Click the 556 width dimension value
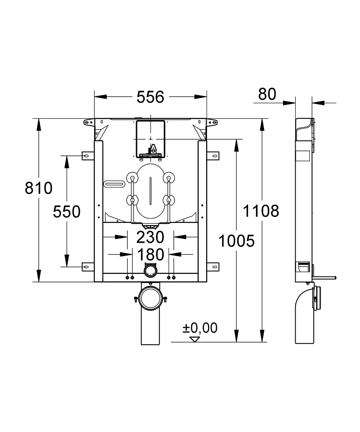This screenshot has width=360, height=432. [x=150, y=97]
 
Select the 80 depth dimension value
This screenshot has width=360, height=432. [x=267, y=94]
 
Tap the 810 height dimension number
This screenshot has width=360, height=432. [x=38, y=188]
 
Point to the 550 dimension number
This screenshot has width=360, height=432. [x=67, y=212]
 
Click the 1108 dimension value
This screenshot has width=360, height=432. [x=260, y=211]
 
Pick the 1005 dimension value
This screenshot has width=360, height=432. [x=236, y=241]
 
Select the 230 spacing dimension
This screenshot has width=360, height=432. [x=150, y=237]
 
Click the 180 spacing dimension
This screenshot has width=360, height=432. [x=150, y=254]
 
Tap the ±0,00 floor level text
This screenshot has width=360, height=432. [x=199, y=328]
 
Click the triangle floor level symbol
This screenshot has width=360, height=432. [x=195, y=339]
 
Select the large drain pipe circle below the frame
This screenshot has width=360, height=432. [x=150, y=298]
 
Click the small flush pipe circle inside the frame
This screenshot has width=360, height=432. [x=150, y=271]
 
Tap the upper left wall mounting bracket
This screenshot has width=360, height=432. [x=88, y=155]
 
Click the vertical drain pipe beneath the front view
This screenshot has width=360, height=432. [x=150, y=330]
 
